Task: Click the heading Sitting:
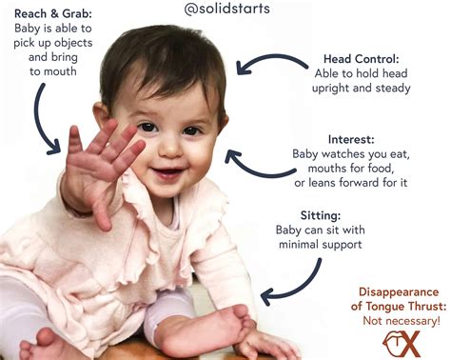click(344, 215)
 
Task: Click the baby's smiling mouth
click(168, 172)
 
